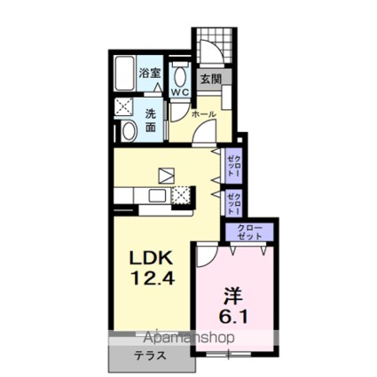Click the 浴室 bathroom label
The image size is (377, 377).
[150, 74]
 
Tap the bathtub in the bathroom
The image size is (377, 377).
[124, 75]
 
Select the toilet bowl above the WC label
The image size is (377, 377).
[180, 74]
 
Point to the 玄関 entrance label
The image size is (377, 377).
[209, 78]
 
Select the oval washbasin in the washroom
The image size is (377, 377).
[129, 132]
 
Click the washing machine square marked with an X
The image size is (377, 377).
[123, 107]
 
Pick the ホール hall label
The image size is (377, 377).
[203, 114]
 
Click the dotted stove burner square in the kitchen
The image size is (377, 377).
[182, 195]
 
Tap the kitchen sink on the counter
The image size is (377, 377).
[157, 195]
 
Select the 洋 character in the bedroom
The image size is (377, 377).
[232, 293]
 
